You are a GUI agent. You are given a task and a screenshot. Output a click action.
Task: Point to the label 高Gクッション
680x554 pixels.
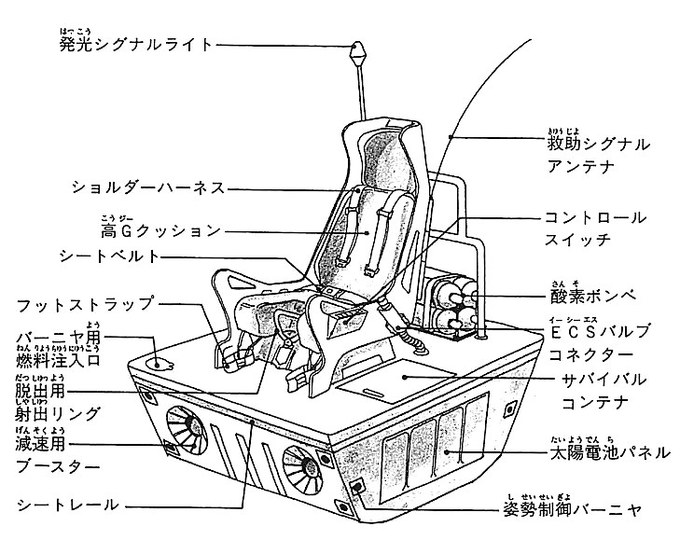point(160,230)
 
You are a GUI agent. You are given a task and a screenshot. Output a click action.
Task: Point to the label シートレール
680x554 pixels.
point(67,505)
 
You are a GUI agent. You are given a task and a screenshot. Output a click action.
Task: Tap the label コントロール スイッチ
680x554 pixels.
point(594,229)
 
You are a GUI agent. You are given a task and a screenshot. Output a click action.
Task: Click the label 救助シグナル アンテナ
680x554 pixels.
point(597,155)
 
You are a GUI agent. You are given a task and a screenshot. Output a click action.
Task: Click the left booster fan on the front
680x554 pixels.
point(187,434)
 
